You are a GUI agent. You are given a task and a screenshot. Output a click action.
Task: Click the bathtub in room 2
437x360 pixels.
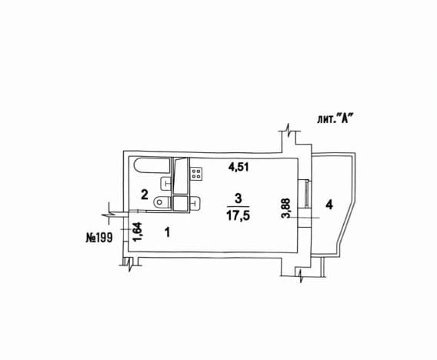coord(152,165)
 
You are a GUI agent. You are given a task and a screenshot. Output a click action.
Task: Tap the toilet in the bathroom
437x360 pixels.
coord(162,202)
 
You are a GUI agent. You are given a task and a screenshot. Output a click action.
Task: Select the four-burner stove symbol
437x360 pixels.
coord(196,174)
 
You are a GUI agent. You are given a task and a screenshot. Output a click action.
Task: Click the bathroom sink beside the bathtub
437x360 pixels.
coord(165,184)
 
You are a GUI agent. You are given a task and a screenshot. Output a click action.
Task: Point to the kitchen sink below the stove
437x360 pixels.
coord(195,202)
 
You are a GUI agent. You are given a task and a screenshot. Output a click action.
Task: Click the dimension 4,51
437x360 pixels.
coord(239,167)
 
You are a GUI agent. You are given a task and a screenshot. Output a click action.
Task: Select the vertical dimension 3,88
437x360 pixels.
coord(286,208)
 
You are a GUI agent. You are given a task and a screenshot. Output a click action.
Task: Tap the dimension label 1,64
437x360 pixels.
coord(138,232)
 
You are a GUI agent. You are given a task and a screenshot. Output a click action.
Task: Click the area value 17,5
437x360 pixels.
coord(238,215)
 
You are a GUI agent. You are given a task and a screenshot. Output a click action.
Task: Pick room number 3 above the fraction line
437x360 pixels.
coord(239,198)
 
